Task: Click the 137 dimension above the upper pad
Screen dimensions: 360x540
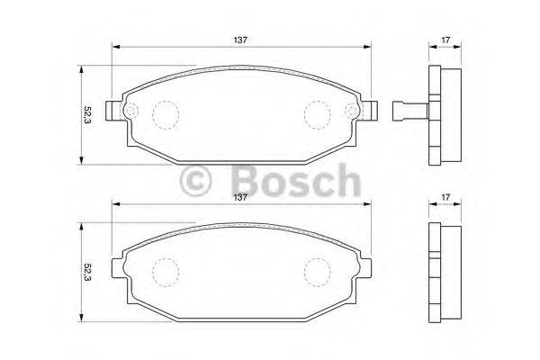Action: coord(242,39)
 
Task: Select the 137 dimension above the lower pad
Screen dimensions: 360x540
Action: coord(242,197)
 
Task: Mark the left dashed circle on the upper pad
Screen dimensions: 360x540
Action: coord(166,113)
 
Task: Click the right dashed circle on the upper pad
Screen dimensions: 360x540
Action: coord(318,113)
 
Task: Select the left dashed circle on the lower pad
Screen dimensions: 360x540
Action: coord(166,271)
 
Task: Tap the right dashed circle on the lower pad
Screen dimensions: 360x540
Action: coord(318,271)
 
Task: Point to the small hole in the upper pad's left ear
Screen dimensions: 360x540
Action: coord(128,112)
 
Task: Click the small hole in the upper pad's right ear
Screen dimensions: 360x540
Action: coord(354,112)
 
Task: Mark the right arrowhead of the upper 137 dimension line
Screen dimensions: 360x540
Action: coord(368,47)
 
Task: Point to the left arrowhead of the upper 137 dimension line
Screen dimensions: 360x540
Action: coord(115,47)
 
